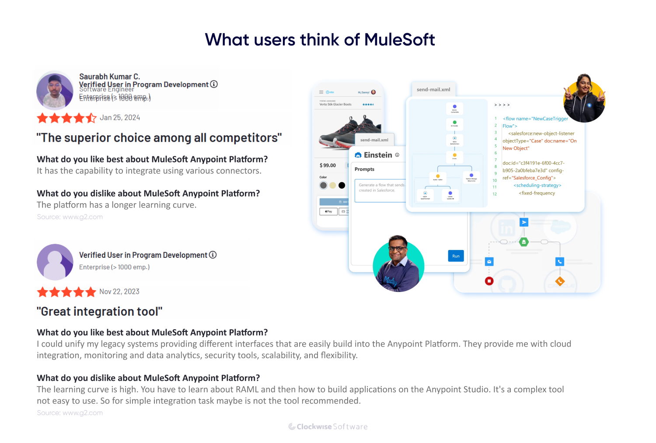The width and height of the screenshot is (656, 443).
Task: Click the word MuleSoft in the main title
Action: (399, 40)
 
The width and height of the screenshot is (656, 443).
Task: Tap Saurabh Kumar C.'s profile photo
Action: (55, 91)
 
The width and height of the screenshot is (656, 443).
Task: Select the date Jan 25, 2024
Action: (120, 118)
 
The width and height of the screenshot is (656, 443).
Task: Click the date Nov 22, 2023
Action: (119, 292)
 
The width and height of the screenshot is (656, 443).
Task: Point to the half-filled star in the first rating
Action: (91, 118)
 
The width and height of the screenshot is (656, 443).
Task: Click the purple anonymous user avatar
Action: (55, 262)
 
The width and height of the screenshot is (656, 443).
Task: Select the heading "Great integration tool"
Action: (99, 312)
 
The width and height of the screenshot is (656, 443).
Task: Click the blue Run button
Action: (456, 256)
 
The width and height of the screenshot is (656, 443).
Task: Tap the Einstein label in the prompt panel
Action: (378, 155)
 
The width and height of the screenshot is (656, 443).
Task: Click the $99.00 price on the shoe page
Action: (328, 165)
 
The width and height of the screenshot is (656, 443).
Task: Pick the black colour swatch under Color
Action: (342, 185)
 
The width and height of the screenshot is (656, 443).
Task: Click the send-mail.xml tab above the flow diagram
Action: (433, 89)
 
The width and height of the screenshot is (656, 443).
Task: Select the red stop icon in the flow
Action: (489, 281)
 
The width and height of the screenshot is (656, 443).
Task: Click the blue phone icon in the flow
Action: (559, 262)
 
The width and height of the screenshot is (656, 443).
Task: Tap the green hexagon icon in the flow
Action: (524, 242)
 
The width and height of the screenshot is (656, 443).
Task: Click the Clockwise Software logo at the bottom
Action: (328, 427)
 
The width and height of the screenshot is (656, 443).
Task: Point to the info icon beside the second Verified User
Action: (213, 255)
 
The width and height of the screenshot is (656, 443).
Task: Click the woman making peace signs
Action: (584, 98)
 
